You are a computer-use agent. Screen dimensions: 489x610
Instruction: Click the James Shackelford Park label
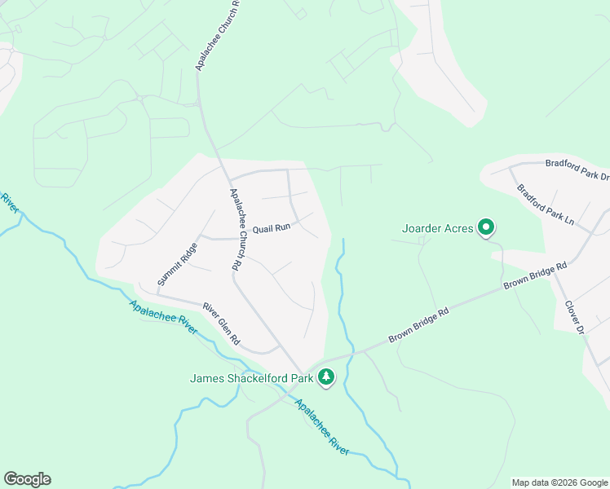click(x=252, y=377)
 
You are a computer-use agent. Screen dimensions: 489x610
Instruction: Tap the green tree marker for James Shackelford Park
click(x=326, y=377)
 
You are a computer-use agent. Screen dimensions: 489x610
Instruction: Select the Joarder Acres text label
click(x=438, y=228)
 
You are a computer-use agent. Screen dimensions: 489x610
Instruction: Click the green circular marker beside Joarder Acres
click(x=487, y=227)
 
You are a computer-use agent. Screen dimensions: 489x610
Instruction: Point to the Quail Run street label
click(x=272, y=229)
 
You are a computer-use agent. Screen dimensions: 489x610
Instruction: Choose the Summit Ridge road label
click(x=178, y=264)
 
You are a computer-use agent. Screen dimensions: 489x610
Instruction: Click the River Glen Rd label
click(x=221, y=323)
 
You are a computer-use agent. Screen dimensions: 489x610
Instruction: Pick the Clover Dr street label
click(x=575, y=317)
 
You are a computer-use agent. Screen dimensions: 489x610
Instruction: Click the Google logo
click(x=27, y=479)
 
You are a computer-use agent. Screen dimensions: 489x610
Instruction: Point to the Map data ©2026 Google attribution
click(x=559, y=482)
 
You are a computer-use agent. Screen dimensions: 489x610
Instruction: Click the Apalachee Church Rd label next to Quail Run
click(x=236, y=229)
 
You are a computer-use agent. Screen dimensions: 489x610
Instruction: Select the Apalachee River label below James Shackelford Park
click(x=322, y=427)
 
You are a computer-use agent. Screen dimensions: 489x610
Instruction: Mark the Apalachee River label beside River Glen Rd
click(x=162, y=317)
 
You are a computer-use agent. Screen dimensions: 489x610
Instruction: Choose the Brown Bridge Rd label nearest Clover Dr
click(x=535, y=275)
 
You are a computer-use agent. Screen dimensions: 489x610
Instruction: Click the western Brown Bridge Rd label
click(x=419, y=324)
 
